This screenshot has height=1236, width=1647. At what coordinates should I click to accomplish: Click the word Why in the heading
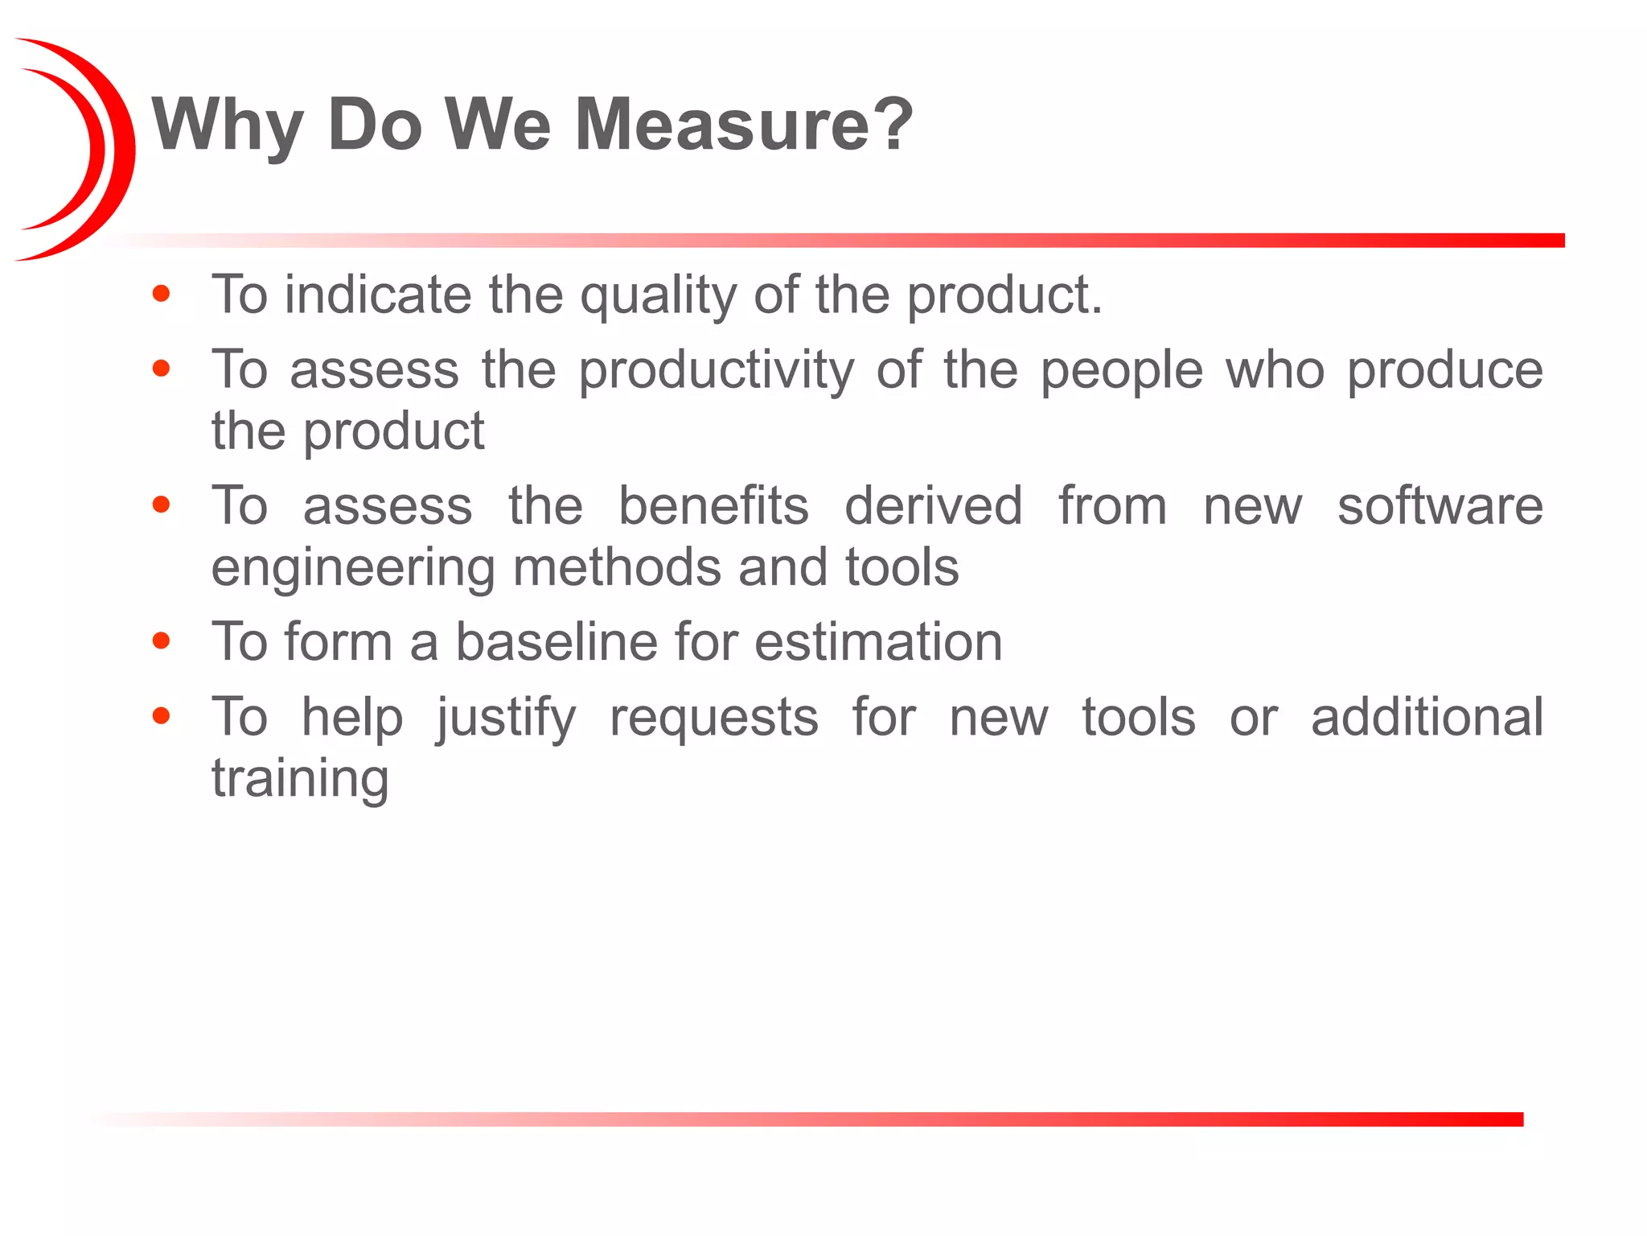click(x=228, y=126)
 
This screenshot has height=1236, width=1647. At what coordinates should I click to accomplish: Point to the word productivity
click(x=717, y=372)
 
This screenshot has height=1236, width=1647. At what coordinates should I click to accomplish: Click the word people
click(x=1122, y=372)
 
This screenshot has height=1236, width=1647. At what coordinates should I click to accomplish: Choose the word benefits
click(x=713, y=506)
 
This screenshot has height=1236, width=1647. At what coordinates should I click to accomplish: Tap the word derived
click(x=934, y=506)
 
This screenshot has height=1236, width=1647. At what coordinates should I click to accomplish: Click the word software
click(x=1440, y=506)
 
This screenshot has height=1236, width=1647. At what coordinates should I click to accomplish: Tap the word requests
click(x=714, y=717)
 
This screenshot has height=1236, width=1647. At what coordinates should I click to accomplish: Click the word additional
click(x=1427, y=717)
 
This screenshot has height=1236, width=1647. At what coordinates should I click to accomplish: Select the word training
click(x=301, y=779)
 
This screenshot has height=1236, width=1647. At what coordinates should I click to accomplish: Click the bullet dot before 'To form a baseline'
click(x=162, y=641)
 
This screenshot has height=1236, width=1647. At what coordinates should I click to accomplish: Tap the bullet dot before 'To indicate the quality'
click(x=162, y=294)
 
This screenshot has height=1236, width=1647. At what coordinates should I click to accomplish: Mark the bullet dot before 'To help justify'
click(x=162, y=715)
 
